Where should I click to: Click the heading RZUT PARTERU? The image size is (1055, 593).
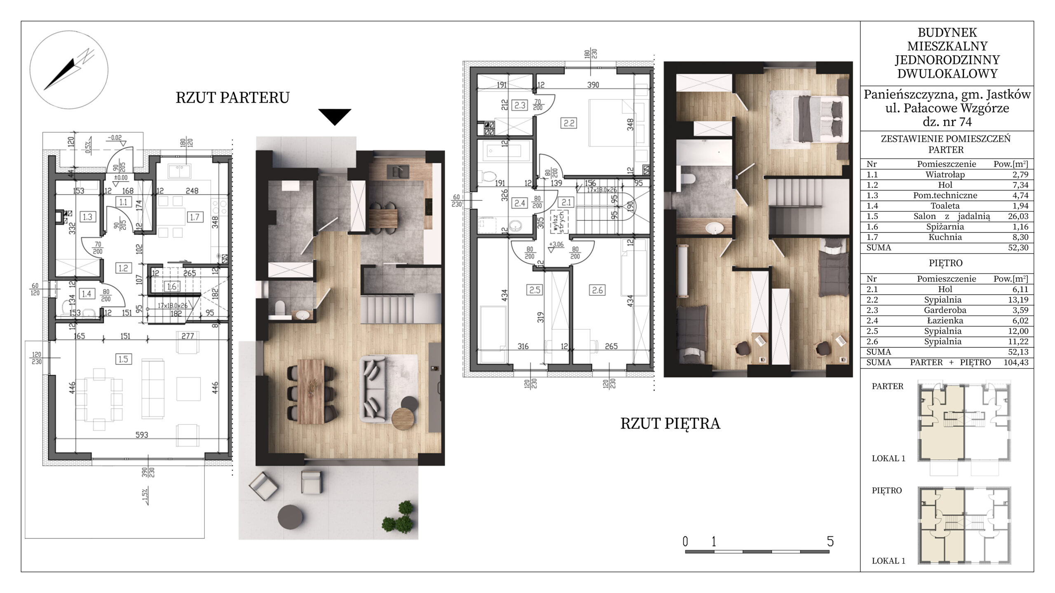coord(233,98)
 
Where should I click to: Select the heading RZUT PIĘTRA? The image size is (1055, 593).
coord(670,424)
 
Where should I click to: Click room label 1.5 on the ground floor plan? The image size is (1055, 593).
coord(123,359)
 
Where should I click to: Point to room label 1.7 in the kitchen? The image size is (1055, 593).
coord(195,217)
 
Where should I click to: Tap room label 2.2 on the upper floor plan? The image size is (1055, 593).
coord(569,123)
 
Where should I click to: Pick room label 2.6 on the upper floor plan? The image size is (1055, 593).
coord(597,290)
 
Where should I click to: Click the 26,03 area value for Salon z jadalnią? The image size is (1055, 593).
coord(1017,216)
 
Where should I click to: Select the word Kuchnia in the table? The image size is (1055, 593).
coord(945,237)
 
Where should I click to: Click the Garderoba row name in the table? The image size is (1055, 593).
coord(945,310)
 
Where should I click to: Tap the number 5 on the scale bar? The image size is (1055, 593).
coord(830,541)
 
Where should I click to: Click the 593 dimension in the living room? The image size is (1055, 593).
coord(141,435)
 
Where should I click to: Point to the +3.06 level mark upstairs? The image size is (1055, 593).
coord(556,244)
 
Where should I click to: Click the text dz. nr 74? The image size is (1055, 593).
coord(947,122)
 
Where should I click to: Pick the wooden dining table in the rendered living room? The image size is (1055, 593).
coord(311,391)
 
